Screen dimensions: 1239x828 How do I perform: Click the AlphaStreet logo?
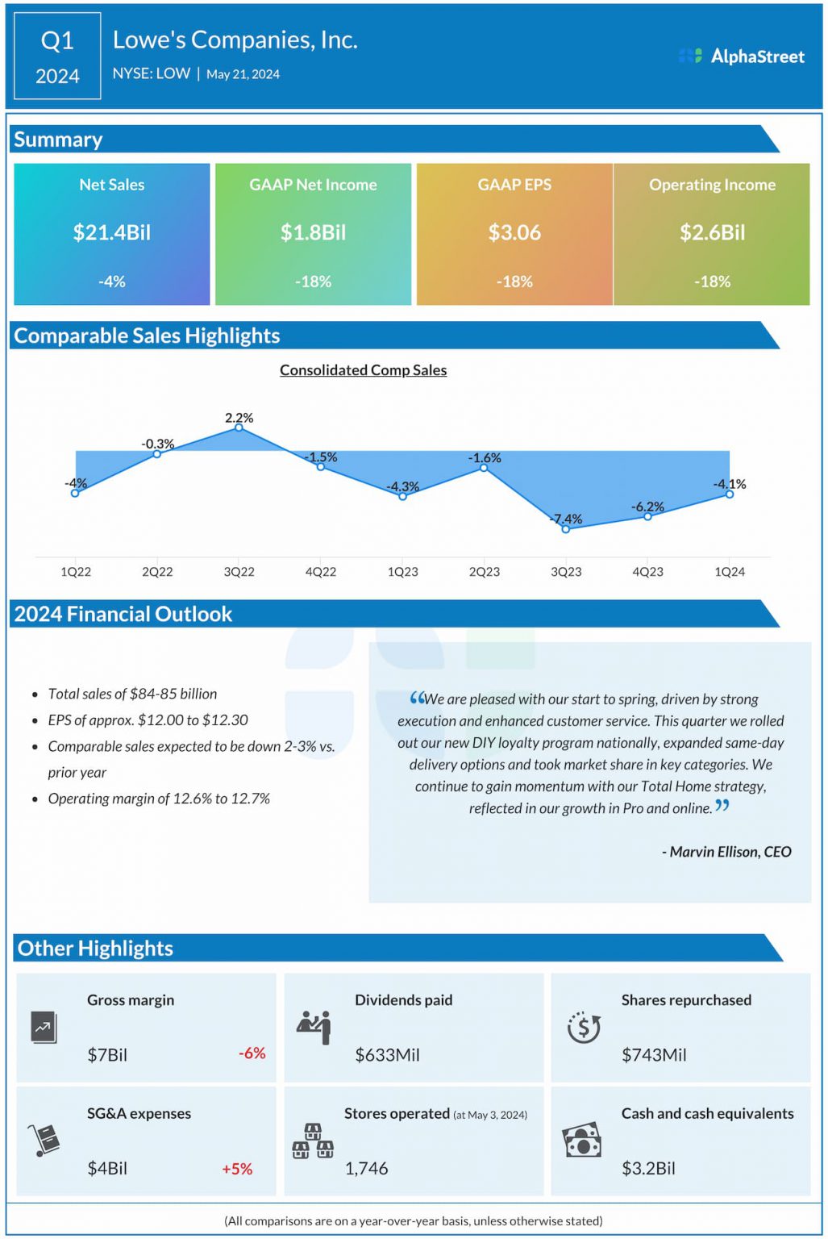coord(741,56)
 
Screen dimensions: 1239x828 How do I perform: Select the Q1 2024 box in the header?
coord(57,56)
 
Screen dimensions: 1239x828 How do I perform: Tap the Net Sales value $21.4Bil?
coord(111,232)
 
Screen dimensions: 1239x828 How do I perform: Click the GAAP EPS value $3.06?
coord(514,232)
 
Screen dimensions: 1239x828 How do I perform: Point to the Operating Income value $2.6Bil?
coord(712,232)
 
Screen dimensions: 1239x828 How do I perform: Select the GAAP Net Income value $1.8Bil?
coord(313,232)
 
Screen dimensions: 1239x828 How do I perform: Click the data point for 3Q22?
coord(239,428)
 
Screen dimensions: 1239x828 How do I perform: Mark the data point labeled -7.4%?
coord(566,529)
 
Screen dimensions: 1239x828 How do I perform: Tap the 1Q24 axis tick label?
coord(729,571)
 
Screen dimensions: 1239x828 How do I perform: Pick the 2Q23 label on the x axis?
coord(484,571)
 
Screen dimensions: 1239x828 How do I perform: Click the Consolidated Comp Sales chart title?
coord(363,370)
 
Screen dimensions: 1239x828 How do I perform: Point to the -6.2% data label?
coord(647,507)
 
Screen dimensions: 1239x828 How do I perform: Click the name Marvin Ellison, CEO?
coord(726,852)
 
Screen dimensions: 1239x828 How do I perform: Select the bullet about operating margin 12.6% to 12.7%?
coord(159,799)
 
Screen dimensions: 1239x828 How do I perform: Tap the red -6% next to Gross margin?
coord(252,1053)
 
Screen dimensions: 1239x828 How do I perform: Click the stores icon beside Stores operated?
coord(313,1141)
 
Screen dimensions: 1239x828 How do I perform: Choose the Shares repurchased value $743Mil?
coord(654,1055)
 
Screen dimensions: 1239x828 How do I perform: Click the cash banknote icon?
coord(582,1141)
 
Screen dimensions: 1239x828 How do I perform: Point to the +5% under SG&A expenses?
coord(237,1168)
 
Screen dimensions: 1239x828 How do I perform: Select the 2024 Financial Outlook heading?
coord(123,614)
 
